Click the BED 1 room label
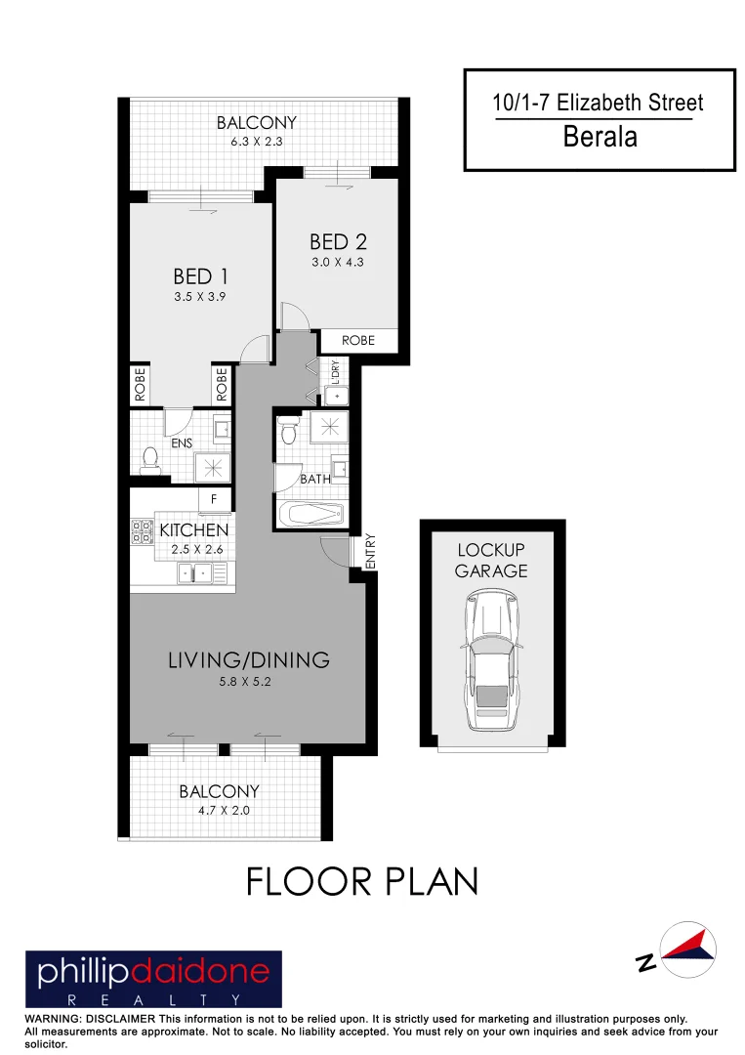pyautogui.click(x=200, y=277)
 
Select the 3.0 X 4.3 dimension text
pyautogui.click(x=338, y=262)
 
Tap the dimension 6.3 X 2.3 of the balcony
pyautogui.click(x=256, y=142)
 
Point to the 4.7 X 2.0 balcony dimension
pyautogui.click(x=219, y=809)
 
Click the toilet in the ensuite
pyautogui.click(x=149, y=459)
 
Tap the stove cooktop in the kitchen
pyautogui.click(x=142, y=531)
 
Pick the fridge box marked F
pyautogui.click(x=214, y=499)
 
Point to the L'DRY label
pyautogui.click(x=335, y=372)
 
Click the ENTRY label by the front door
pyautogui.click(x=370, y=551)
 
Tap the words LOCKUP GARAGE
pyautogui.click(x=491, y=560)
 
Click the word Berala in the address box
pyautogui.click(x=600, y=137)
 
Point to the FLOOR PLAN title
pyautogui.click(x=362, y=881)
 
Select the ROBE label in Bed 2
pyautogui.click(x=357, y=341)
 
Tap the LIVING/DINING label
pyautogui.click(x=248, y=659)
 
